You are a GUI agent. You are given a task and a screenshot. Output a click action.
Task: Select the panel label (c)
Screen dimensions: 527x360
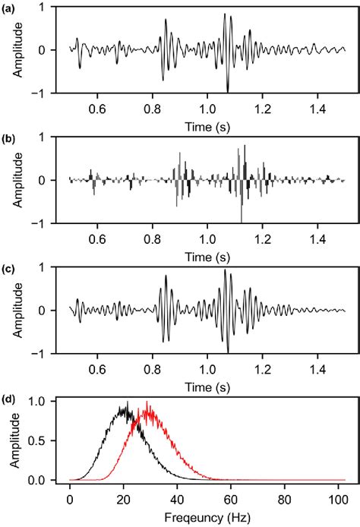(10, 268)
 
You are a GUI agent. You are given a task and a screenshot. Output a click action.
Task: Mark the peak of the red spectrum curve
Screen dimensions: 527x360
(146, 402)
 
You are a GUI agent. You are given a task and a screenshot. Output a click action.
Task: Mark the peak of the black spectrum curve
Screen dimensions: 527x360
(128, 402)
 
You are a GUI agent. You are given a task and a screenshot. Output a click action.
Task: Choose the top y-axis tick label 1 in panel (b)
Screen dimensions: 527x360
(54, 137)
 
